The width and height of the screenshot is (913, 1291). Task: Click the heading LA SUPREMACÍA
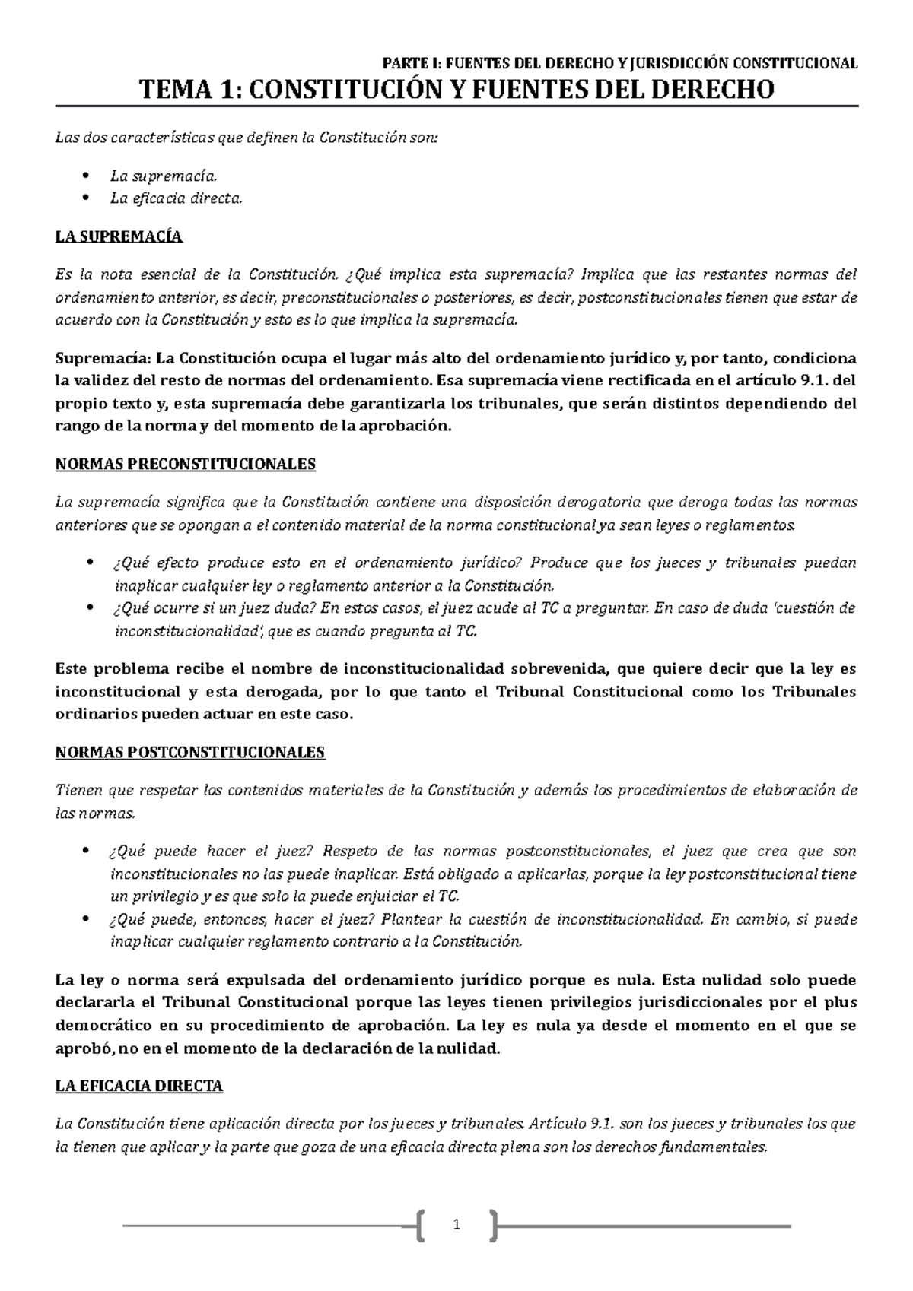[119, 236]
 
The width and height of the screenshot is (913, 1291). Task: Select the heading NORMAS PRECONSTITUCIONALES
[186, 464]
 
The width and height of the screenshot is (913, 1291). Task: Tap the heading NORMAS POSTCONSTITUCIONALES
[190, 753]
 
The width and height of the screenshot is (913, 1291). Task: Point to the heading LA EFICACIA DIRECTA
[139, 1086]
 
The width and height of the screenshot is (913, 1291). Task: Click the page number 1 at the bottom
[456, 1225]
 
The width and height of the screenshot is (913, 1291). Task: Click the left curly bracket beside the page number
[422, 1225]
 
